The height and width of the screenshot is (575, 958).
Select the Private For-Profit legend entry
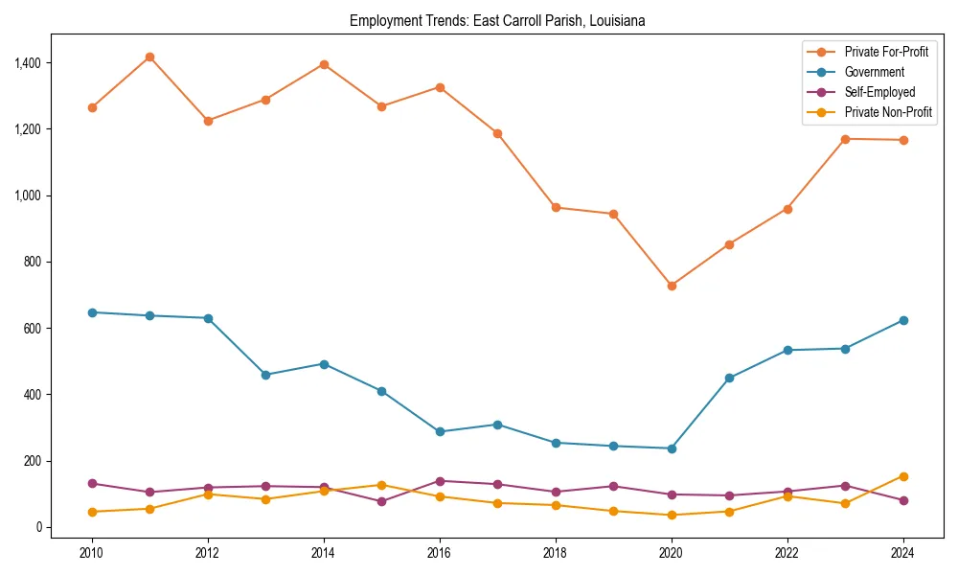886,52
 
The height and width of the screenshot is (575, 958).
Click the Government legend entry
874,72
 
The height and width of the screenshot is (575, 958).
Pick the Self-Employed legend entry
879,92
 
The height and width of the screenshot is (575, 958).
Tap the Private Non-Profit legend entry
888,112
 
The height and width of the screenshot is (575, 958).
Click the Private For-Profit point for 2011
149,57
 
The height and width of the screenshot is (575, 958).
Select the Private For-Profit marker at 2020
672,286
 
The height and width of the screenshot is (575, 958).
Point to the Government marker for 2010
92,312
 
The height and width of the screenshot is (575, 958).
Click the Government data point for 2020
672,448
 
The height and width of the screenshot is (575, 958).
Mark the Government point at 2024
903,320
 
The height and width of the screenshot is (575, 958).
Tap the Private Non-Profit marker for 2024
903,476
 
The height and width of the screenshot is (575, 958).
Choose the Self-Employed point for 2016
440,481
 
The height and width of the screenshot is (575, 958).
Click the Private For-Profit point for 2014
324,64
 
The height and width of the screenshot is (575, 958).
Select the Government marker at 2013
265,375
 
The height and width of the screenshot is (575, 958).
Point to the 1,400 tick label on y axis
30,63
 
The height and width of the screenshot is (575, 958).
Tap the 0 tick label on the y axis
39,527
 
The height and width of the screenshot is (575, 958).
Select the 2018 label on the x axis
556,552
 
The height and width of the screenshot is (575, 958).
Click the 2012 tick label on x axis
208,552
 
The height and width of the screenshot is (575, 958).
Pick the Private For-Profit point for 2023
845,139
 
